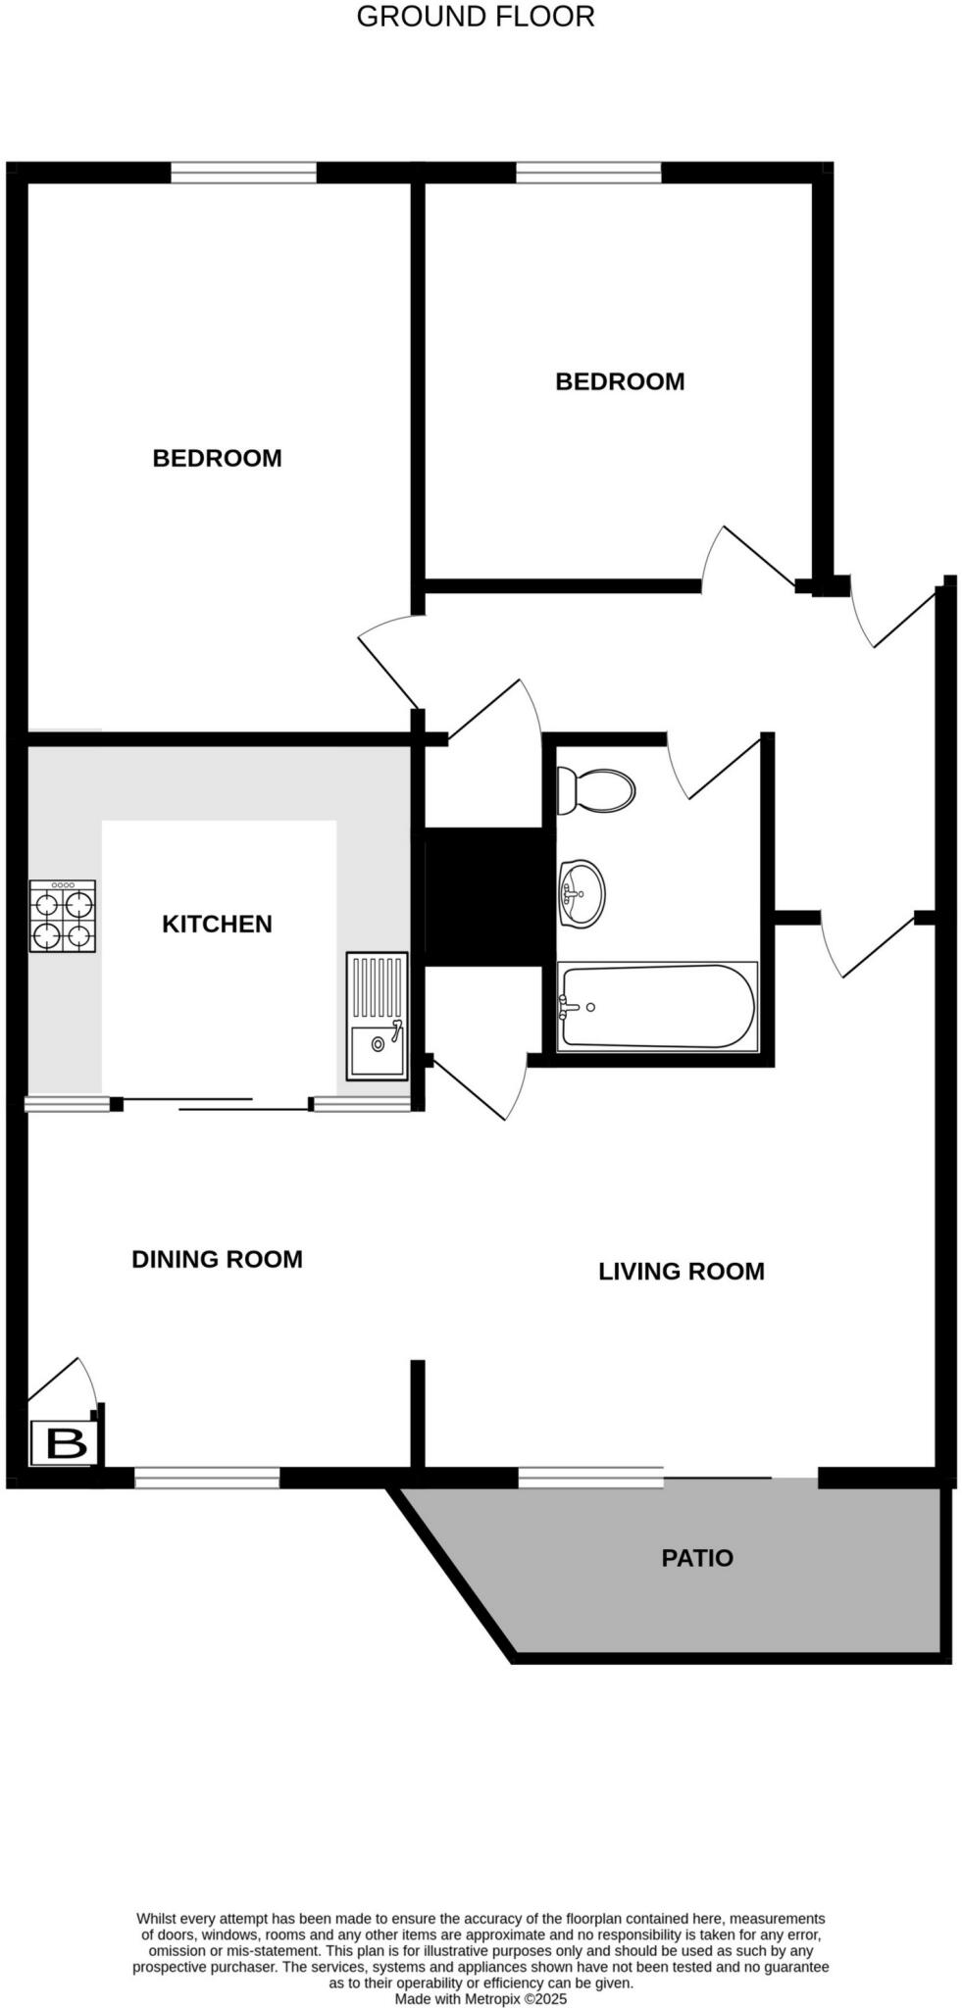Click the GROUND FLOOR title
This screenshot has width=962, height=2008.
(x=475, y=17)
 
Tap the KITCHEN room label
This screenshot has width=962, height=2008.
(x=217, y=924)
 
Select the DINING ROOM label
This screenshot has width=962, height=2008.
(x=217, y=1259)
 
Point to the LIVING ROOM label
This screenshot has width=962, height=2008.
(x=681, y=1271)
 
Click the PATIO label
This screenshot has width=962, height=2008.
(x=697, y=1558)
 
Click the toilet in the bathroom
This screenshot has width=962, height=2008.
(x=596, y=790)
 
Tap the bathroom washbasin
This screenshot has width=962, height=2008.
(x=582, y=893)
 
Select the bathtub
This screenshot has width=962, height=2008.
(x=657, y=1007)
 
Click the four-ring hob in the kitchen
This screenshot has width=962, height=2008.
(x=64, y=917)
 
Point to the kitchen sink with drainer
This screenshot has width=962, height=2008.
(x=377, y=1016)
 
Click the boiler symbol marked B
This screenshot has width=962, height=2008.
(x=65, y=1444)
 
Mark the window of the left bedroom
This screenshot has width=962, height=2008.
(x=243, y=174)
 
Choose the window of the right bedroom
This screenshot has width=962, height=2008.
(x=588, y=174)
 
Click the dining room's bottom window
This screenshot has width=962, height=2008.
(x=207, y=1478)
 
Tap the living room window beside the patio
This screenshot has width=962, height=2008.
(x=590, y=1477)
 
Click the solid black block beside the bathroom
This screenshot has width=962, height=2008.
(x=484, y=896)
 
